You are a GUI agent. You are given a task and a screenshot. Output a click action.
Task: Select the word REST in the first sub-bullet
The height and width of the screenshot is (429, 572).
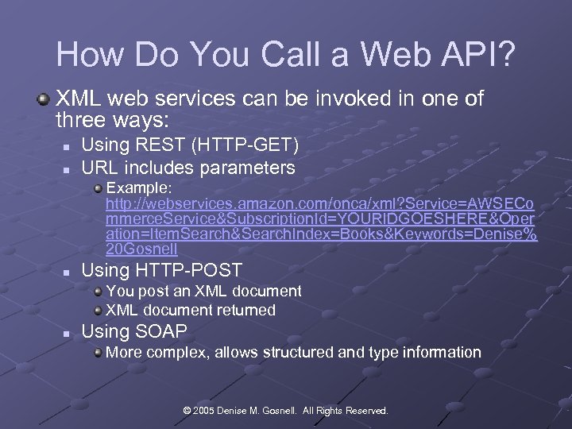(x=155, y=145)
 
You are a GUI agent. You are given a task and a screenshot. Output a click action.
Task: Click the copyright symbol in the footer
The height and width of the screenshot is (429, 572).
(x=188, y=411)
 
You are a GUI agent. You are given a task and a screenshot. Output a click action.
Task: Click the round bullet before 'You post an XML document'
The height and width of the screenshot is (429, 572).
(x=97, y=292)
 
